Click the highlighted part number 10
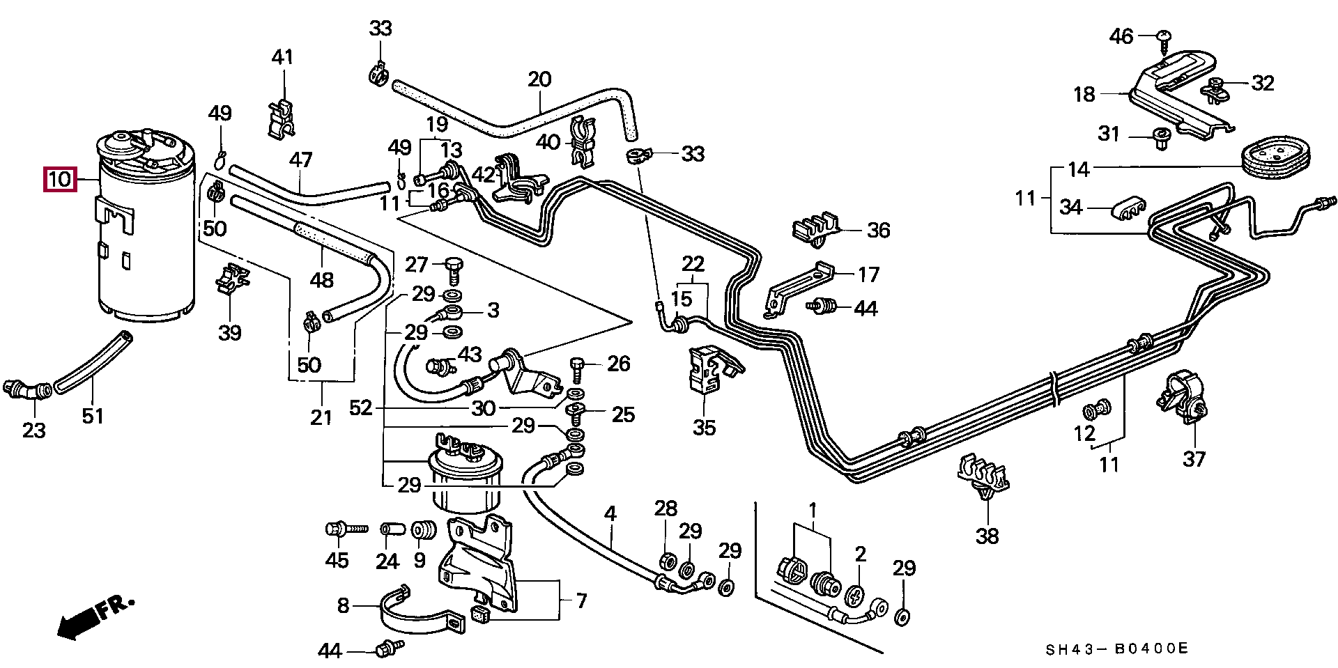pyautogui.click(x=61, y=180)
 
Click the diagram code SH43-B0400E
pyautogui.click(x=1116, y=649)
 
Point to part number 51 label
pyautogui.click(x=93, y=416)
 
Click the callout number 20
pyautogui.click(x=539, y=79)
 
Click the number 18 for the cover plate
pyautogui.click(x=1084, y=94)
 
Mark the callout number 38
pyautogui.click(x=987, y=536)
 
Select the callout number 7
pyautogui.click(x=580, y=600)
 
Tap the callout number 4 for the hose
pyautogui.click(x=610, y=515)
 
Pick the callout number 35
pyautogui.click(x=704, y=427)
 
